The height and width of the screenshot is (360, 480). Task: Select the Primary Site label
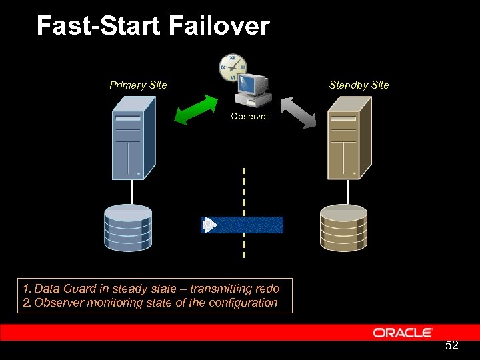[138, 85]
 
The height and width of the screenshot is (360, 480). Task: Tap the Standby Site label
[359, 85]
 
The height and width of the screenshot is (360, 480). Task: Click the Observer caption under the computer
[250, 116]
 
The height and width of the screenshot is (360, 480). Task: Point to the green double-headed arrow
[196, 109]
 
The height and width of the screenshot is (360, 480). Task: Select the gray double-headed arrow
[297, 111]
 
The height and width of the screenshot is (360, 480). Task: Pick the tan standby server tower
[348, 137]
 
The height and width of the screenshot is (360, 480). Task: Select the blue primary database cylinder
[128, 227]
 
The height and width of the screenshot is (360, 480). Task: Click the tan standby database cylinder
[343, 227]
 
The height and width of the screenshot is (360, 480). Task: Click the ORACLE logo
[403, 333]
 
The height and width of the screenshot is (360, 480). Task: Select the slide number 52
[451, 345]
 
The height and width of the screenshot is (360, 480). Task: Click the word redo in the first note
[267, 289]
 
